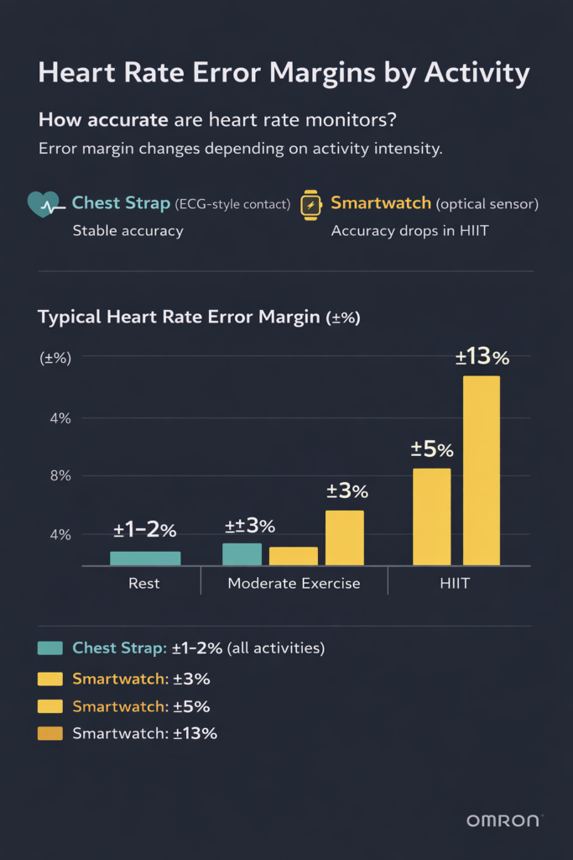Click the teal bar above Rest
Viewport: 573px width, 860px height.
[x=145, y=558]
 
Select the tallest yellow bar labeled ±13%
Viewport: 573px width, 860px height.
[x=482, y=470]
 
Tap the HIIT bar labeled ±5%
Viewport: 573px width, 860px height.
[x=432, y=517]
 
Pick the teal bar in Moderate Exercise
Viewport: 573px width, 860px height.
[x=242, y=554]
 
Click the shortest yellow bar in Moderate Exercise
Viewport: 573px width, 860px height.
[x=293, y=556]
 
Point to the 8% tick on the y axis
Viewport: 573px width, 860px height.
[x=55, y=475]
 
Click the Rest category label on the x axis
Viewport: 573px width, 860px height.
[x=144, y=583]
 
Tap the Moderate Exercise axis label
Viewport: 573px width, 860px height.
[x=294, y=583]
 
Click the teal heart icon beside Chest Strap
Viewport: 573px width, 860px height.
[x=44, y=204]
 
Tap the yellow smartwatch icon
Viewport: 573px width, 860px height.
[x=311, y=205]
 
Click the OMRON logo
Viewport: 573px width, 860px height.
[x=504, y=820]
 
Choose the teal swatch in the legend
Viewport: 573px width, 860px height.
[x=50, y=648]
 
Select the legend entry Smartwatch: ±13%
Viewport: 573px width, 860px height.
[x=144, y=733]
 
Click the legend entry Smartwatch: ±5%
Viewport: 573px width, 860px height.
[x=141, y=705]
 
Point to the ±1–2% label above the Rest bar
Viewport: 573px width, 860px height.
[x=145, y=531]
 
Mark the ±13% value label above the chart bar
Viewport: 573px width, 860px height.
[x=482, y=358]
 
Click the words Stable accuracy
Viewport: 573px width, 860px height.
[x=128, y=230]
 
